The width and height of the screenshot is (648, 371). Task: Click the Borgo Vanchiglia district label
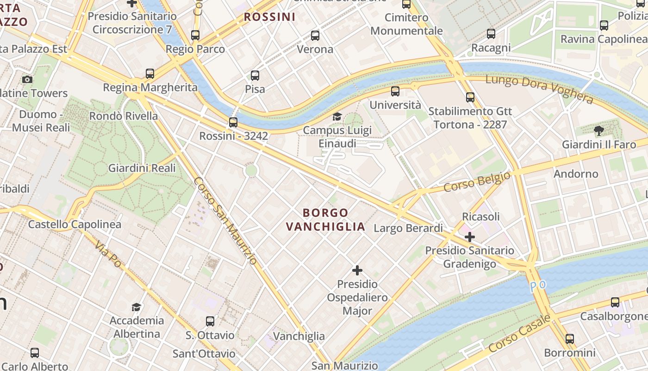[x=325, y=220]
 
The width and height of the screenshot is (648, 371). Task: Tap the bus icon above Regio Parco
[x=195, y=35]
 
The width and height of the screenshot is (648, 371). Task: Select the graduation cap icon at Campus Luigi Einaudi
[x=337, y=116]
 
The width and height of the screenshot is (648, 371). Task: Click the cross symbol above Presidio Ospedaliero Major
[x=357, y=270]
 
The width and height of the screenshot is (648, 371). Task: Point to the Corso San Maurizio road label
[x=225, y=221]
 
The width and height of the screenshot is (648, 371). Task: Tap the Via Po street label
[x=108, y=254]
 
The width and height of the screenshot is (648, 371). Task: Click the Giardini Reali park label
[x=142, y=168]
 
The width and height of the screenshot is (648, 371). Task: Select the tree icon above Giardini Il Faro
[x=598, y=131]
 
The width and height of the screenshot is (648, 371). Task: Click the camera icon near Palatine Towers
[x=27, y=79]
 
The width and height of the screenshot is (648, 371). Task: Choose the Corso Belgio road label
[x=477, y=182]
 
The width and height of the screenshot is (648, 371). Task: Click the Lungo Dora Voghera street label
[x=539, y=89]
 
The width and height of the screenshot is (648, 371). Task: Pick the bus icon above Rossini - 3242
[x=233, y=122]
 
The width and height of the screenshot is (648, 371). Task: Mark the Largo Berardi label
[x=408, y=228]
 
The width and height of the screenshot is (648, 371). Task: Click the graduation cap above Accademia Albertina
[x=136, y=307]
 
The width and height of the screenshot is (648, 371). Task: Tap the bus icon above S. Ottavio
[x=210, y=321]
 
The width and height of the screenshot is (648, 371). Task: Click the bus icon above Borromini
[x=569, y=339]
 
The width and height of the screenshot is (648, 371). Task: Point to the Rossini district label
[x=269, y=17]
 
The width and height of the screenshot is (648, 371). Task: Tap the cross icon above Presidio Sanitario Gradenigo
[x=470, y=237]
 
